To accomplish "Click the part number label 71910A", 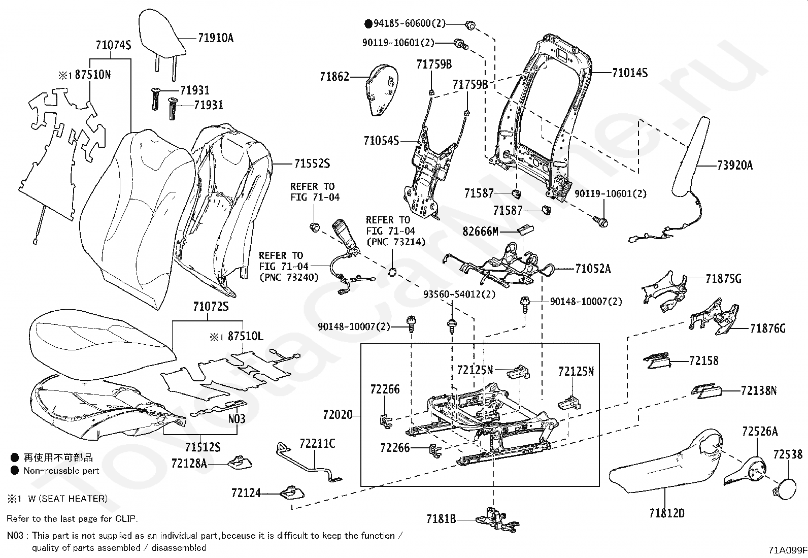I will pyautogui.click(x=216, y=38).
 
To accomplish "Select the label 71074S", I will pyautogui.click(x=113, y=45).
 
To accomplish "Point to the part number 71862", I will pyautogui.click(x=334, y=77).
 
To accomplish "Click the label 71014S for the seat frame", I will pyautogui.click(x=629, y=73).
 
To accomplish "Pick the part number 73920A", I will pyautogui.click(x=734, y=166).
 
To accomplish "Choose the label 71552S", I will pyautogui.click(x=312, y=163).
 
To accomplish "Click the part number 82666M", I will pyautogui.click(x=480, y=232).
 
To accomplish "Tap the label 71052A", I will pyautogui.click(x=593, y=269).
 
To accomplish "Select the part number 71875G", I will pyautogui.click(x=723, y=279).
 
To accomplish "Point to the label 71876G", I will pyautogui.click(x=767, y=329).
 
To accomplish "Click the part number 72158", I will pyautogui.click(x=703, y=361).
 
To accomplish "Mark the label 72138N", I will pyautogui.click(x=759, y=390).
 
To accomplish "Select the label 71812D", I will pyautogui.click(x=666, y=513).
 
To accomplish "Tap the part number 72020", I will pyautogui.click(x=337, y=415).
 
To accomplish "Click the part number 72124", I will pyautogui.click(x=246, y=493).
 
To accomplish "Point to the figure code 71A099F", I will pyautogui.click(x=787, y=550).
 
